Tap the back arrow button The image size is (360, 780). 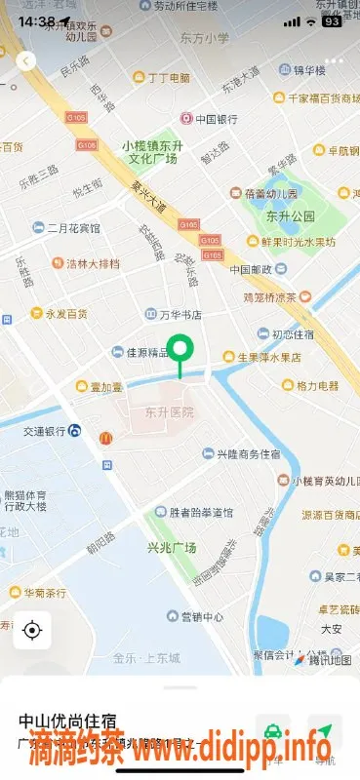(26, 60)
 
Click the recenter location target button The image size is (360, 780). (32, 630)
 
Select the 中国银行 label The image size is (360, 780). (216, 120)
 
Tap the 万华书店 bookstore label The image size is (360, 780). (180, 315)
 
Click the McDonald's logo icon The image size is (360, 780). (104, 439)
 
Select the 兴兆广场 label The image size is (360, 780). (173, 546)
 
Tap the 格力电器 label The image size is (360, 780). (317, 386)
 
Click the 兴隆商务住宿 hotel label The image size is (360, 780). (248, 454)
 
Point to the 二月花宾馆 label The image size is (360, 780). (73, 228)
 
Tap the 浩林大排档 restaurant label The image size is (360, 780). (94, 263)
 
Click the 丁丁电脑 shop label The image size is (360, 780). (169, 78)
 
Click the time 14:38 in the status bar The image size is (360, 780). (36, 20)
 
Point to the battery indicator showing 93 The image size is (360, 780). (332, 20)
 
